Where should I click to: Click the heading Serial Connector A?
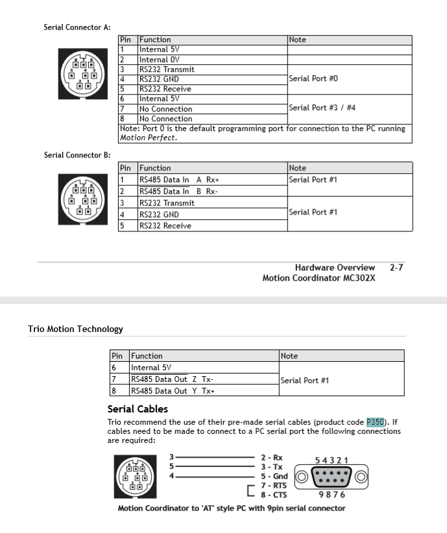click(x=77, y=27)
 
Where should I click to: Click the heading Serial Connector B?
click(x=77, y=155)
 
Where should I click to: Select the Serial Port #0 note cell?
click(x=313, y=79)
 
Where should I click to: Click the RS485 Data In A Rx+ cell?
click(x=179, y=180)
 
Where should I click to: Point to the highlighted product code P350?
click(x=376, y=421)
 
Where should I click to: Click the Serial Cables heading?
click(x=138, y=409)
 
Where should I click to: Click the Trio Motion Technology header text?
click(x=75, y=329)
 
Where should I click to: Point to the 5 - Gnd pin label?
click(x=274, y=476)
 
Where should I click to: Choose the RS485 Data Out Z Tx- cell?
click(x=172, y=379)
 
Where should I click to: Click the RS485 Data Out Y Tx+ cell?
click(x=172, y=391)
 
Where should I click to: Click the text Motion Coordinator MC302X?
click(x=319, y=278)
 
